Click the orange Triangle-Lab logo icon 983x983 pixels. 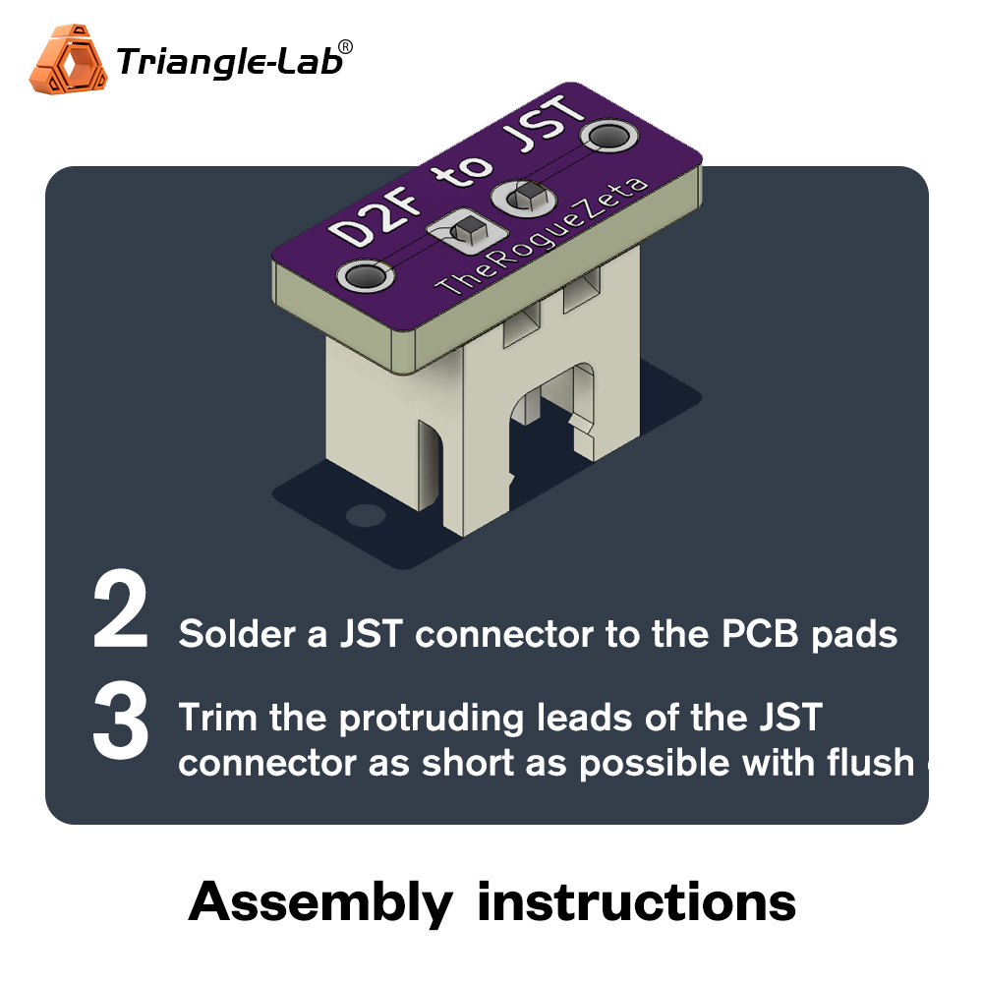[68, 64]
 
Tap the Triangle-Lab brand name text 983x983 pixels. [228, 62]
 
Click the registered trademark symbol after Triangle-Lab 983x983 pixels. [345, 46]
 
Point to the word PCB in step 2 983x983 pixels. [762, 634]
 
